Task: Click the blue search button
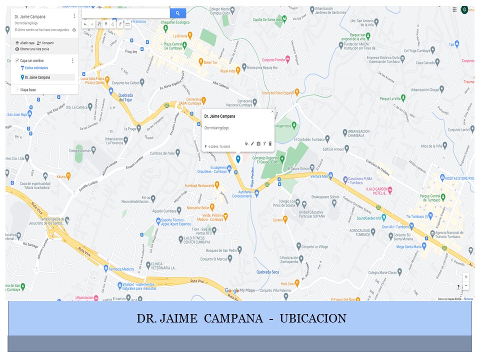177,13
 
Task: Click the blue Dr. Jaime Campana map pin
238,159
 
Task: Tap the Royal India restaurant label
227,71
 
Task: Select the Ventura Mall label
319,176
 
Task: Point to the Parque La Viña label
392,98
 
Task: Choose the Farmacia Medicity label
121,269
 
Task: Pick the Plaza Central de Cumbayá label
175,46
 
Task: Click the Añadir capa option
27,43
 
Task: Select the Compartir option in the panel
48,43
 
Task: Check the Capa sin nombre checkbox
17,60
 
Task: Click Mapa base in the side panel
28,90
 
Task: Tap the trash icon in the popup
270,144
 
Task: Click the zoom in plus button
466,277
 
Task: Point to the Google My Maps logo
239,290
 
